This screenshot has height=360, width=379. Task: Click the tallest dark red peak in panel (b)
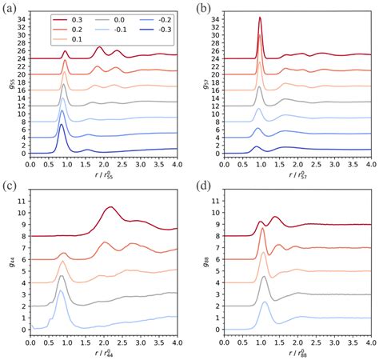click(260, 18)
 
